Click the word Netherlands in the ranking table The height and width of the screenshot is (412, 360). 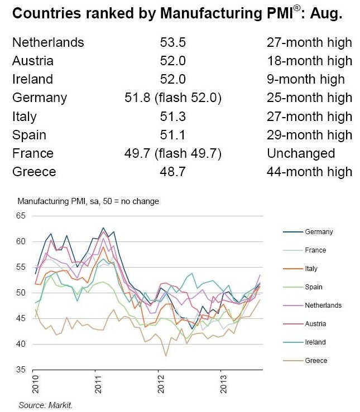(48, 42)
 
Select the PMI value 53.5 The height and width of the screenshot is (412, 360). (173, 42)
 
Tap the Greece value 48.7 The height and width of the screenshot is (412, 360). (173, 172)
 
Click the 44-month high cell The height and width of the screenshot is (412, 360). (309, 172)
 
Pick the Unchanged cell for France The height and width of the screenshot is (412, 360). (301, 153)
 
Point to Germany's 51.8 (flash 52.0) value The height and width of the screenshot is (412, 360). (173, 98)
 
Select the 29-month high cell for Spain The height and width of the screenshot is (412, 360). (309, 135)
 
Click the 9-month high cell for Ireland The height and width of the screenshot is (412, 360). (305, 79)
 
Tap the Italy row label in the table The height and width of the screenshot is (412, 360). (24, 117)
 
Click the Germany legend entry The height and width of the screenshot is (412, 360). (319, 231)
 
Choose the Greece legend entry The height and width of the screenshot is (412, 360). (316, 361)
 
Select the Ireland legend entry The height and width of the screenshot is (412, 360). (315, 342)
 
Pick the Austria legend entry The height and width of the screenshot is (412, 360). (315, 324)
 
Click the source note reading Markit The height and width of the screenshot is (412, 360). (45, 405)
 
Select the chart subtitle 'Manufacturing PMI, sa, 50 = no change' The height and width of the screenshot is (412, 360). (88, 201)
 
